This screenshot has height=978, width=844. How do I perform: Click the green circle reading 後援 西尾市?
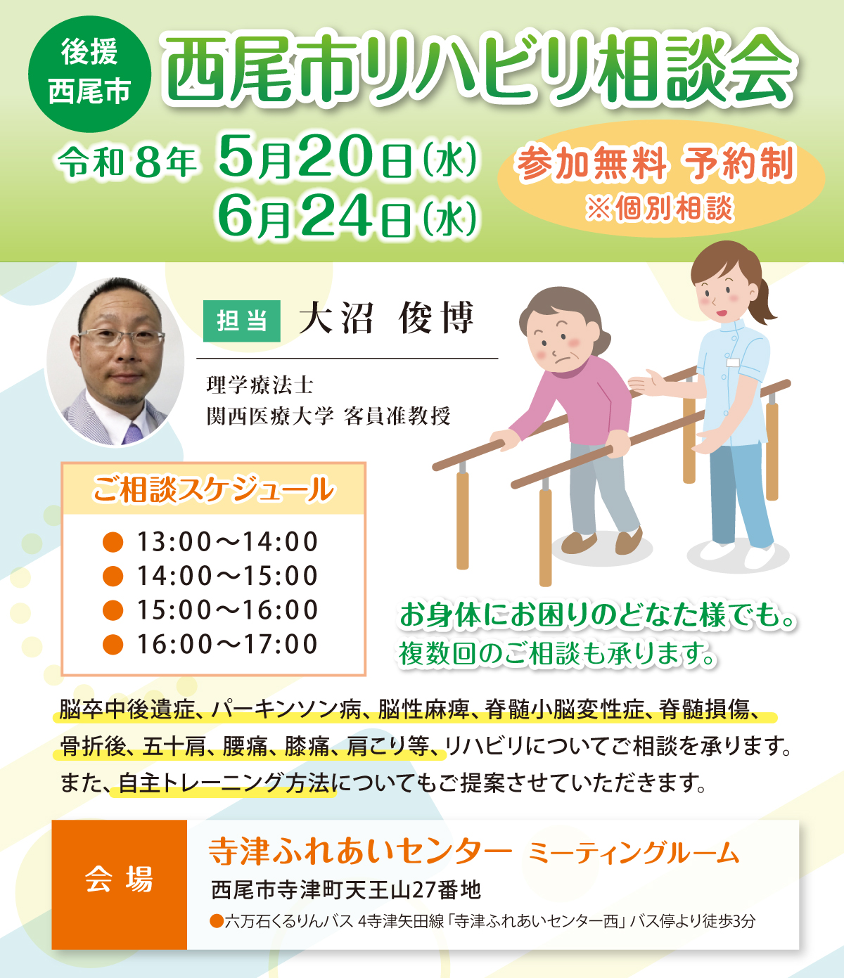pos(89,73)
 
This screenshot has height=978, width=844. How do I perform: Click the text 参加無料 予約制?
pos(656,165)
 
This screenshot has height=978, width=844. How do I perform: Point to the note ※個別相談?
pos(659,209)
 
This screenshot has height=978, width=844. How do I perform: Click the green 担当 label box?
pos(242,321)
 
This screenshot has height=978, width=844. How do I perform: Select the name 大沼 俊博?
pos(387,319)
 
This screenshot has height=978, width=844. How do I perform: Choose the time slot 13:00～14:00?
pos(226,542)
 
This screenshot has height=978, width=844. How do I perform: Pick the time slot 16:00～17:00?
pos(226,644)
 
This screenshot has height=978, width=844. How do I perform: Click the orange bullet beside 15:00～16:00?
pos(113,610)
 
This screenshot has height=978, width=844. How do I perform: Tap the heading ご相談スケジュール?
pos(213,489)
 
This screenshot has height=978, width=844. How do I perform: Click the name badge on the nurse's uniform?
pos(733,363)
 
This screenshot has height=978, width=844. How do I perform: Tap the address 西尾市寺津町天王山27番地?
pos(346,890)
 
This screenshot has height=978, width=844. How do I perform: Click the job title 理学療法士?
pos(260,385)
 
